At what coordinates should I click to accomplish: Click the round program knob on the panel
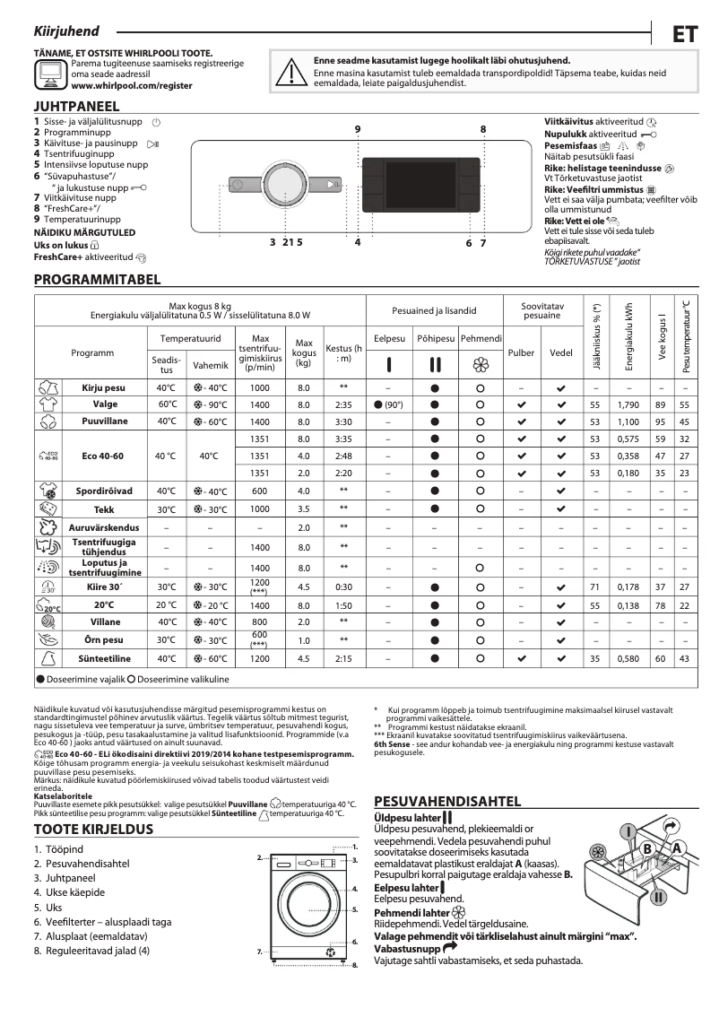282,185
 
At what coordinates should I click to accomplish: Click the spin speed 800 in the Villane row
259,621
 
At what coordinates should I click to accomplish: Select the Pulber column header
521,353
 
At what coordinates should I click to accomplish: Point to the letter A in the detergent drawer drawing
678,848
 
